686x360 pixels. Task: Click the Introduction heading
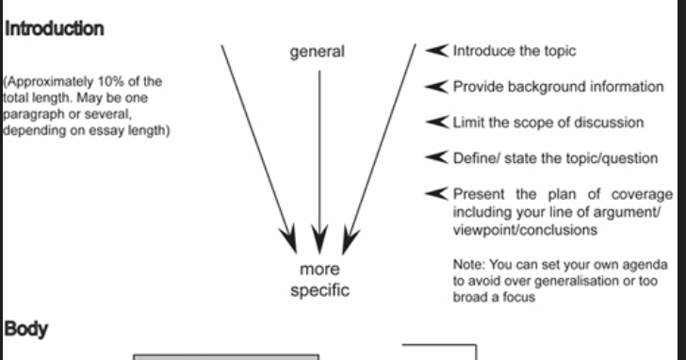coord(54,29)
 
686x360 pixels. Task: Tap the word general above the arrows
coord(318,53)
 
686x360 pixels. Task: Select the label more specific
coord(319,280)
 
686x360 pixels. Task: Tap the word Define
coord(475,157)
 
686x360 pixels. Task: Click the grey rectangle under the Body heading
coord(226,357)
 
